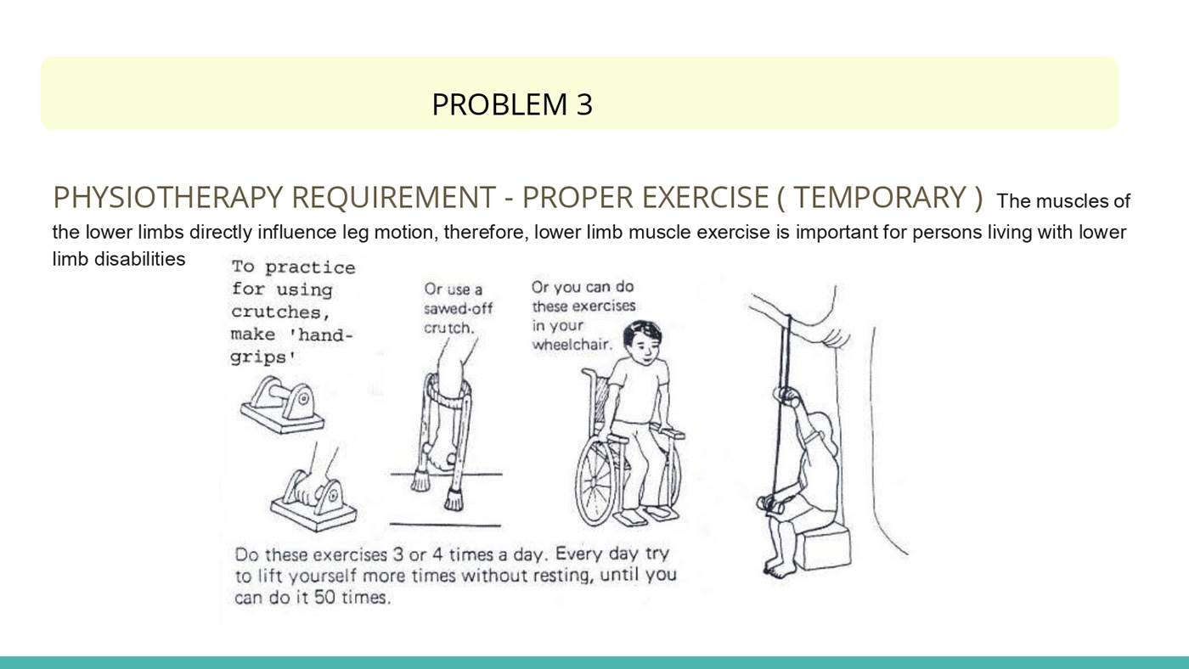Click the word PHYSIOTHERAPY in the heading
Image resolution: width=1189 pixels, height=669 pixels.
point(167,197)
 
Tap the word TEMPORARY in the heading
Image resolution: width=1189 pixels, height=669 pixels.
point(880,197)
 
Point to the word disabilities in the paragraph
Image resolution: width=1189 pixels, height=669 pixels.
point(139,259)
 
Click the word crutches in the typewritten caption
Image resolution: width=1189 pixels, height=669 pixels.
point(279,312)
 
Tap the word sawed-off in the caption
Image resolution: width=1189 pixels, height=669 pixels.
point(458,308)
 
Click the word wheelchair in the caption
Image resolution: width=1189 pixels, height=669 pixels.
point(572,345)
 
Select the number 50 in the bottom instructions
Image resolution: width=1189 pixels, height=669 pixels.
point(324,598)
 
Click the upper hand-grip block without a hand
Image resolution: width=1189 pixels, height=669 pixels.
point(282,405)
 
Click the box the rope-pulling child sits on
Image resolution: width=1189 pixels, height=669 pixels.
point(826,547)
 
